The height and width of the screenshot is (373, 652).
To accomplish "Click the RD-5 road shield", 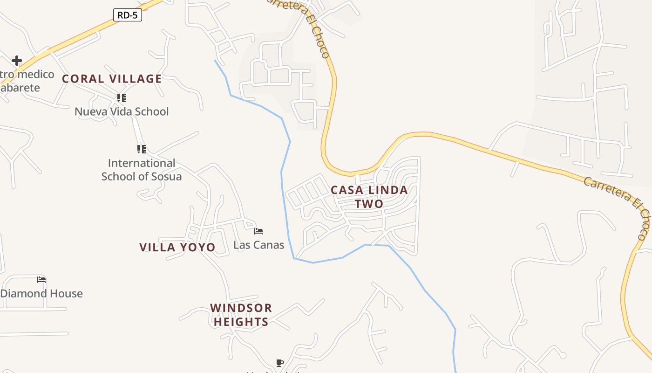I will (127, 15).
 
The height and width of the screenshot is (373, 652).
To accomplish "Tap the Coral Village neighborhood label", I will (112, 79).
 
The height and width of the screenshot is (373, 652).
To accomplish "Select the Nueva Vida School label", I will (122, 111).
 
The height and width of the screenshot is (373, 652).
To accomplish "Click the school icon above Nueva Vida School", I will (122, 98).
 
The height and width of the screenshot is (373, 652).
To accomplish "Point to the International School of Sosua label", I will (142, 170).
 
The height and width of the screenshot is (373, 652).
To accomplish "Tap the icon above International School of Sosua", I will (142, 149).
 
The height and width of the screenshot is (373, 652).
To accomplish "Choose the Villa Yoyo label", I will (177, 247).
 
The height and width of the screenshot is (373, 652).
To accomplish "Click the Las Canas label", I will (258, 245).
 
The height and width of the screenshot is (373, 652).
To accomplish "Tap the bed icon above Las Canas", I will (258, 231).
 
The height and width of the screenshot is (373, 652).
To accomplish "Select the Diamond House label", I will (41, 293).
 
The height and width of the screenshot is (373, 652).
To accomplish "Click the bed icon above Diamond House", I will (41, 280).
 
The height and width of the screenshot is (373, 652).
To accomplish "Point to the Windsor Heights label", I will (241, 315).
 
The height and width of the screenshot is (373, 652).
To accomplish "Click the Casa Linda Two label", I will (369, 197).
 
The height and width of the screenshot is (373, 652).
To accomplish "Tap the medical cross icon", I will (17, 60).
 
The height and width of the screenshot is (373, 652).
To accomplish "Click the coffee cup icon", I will (279, 363).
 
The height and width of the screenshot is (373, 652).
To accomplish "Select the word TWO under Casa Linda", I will (369, 204).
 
